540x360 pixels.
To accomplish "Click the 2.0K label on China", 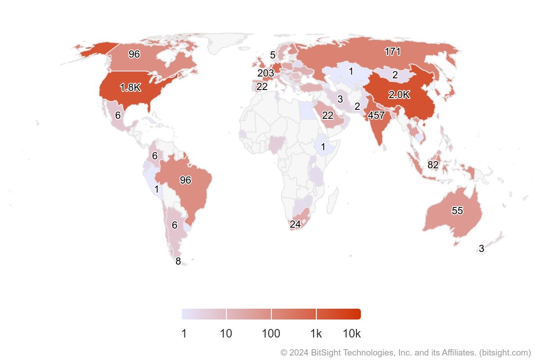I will pos(399,95).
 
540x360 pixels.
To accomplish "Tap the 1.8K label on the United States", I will pos(130,88).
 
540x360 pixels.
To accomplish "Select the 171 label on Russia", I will pos(392,52).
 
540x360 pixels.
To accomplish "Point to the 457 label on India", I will pos(376,116).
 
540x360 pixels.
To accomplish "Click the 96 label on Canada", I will pos(134,54).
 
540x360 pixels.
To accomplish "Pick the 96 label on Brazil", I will pos(185,180).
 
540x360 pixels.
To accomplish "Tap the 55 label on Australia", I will pos(457,211).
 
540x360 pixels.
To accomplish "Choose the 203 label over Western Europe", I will pos(265,73).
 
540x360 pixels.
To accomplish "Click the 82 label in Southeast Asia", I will pos(433,165).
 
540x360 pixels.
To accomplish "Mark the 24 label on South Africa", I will pos(295,225).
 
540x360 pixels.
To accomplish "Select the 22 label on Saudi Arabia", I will pos(328,116).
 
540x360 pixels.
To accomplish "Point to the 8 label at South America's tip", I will pos(178,261).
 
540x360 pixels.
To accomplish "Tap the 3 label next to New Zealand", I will pos(481,249).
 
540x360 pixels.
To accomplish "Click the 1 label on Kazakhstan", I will pos(351,72).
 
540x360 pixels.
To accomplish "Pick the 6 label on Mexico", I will pos(118,116).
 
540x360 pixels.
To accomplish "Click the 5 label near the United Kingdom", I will pos(273,55).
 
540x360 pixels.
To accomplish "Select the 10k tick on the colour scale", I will pos(351,334).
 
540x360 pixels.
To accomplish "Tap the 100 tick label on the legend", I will pos(271,334).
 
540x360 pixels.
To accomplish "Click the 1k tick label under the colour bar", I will pos(316,334).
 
